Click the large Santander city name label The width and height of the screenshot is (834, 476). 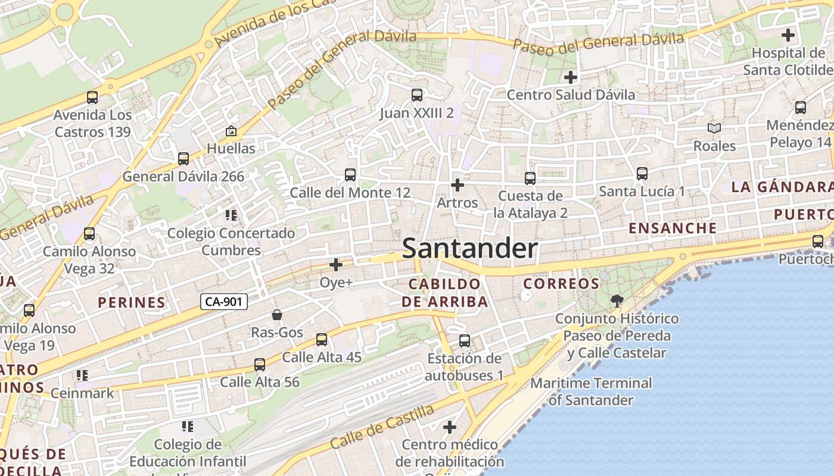coord(470,248)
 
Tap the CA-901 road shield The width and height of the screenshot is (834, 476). coord(223,302)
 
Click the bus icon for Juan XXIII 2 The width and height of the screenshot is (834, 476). coord(417,95)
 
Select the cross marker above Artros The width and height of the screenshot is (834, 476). coord(458,185)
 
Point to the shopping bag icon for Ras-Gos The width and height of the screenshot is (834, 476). coord(277,315)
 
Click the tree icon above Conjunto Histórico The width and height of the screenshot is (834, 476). coord(617,301)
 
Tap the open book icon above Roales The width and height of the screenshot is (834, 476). coord(714,128)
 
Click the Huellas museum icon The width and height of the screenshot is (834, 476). coord(231,131)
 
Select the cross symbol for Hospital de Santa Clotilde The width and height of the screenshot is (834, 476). coord(788,35)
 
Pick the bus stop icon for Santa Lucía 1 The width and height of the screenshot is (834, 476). coord(642,174)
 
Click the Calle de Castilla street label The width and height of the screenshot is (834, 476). coord(382,427)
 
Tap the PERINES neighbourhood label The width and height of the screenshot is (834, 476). coord(132,302)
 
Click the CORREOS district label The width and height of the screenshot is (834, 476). coord(561,284)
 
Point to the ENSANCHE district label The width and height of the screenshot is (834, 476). coord(673,228)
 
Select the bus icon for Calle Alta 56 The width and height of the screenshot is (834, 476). coord(260,364)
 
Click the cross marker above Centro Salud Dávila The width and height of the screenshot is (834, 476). coord(571,77)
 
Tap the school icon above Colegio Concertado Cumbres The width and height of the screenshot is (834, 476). coord(231,215)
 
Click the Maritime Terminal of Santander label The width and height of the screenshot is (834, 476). coord(591,392)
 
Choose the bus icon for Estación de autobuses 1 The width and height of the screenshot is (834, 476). coord(465,341)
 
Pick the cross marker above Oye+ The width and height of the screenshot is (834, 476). coord(336,264)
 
